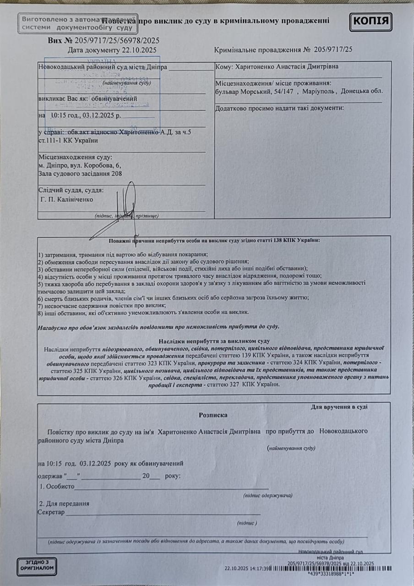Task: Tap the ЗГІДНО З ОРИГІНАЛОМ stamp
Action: click(x=37, y=567)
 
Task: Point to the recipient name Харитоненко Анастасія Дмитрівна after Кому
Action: click(x=286, y=67)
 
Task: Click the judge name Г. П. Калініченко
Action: click(x=67, y=200)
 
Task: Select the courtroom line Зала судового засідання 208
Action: click(x=80, y=174)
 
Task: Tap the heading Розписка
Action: click(x=213, y=415)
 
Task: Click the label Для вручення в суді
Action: click(x=339, y=406)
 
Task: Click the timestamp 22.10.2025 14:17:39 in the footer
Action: click(x=247, y=568)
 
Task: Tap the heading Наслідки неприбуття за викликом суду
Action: click(x=214, y=341)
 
